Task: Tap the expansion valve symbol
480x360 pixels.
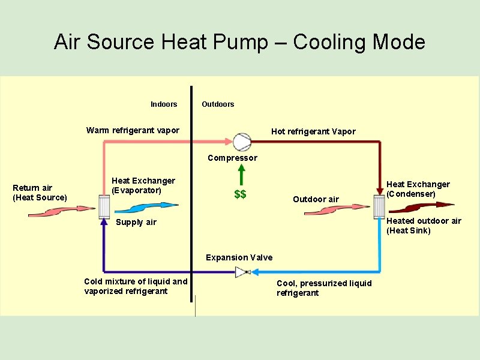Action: click(x=242, y=272)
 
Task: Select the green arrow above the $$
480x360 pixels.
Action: click(x=241, y=175)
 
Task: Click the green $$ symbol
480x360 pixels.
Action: click(x=240, y=194)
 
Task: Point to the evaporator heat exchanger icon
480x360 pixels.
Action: click(x=104, y=206)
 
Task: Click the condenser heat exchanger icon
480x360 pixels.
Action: click(x=379, y=207)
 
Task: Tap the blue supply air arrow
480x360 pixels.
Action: click(x=146, y=208)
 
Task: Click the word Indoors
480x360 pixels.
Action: click(x=164, y=104)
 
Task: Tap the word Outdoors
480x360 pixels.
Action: click(x=218, y=104)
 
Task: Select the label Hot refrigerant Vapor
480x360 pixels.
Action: click(x=313, y=131)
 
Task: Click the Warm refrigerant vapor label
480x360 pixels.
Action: click(x=133, y=130)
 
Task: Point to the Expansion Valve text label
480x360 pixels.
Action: click(x=239, y=257)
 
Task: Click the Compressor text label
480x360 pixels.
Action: click(x=232, y=158)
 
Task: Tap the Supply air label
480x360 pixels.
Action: click(x=136, y=222)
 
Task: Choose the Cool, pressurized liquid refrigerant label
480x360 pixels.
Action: click(x=324, y=288)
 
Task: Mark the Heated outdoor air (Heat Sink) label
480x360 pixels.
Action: click(x=424, y=226)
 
